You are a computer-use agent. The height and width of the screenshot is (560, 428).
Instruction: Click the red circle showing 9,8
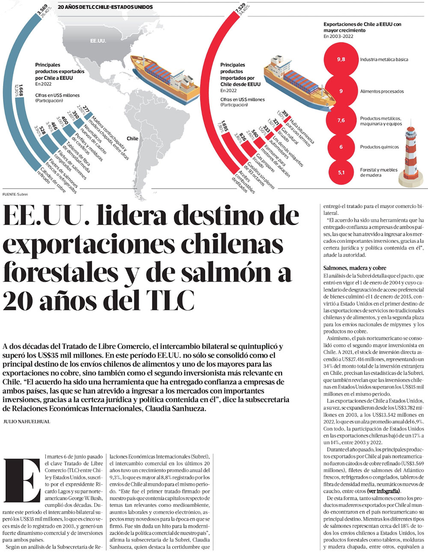(341, 60)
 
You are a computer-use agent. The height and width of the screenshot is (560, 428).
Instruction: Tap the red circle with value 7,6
(341, 121)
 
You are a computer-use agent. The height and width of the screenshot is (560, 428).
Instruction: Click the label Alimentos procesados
(382, 91)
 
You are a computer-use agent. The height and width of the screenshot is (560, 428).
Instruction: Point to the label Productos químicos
(379, 147)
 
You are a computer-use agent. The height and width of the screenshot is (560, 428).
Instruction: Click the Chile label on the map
(132, 138)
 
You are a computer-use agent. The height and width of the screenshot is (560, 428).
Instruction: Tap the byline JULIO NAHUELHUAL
(27, 422)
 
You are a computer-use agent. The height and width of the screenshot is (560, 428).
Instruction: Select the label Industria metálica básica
(384, 60)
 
